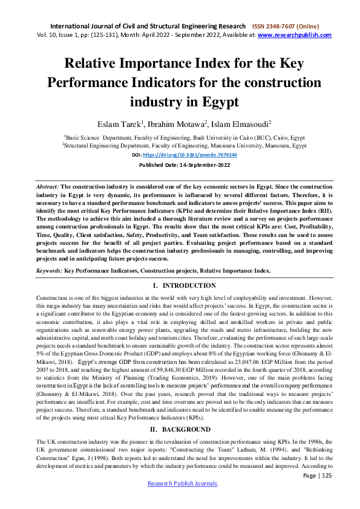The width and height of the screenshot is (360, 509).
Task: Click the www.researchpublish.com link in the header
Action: pyautogui.click(x=295, y=35)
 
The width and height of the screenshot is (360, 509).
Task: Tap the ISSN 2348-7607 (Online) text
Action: pyautogui.click(x=286, y=27)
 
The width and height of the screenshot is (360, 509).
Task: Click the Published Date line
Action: pyautogui.click(x=180, y=164)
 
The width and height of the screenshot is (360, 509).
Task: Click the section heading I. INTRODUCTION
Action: pyautogui.click(x=180, y=285)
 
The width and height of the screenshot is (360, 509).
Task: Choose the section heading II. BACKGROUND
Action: pyautogui.click(x=180, y=412)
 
